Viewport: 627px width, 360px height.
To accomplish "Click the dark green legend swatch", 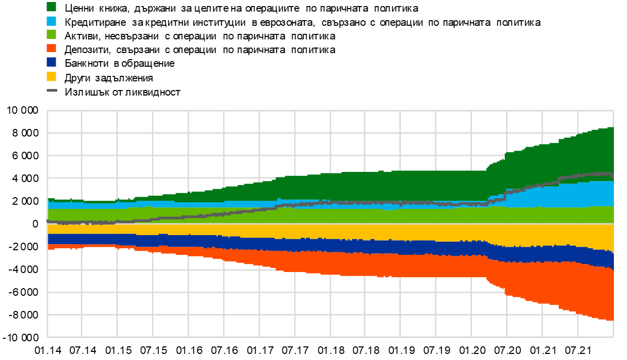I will pyautogui.click(x=51, y=7).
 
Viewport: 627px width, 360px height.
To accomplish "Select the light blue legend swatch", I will pyautogui.click(x=51, y=21).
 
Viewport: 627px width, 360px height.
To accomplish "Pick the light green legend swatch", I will pyautogui.click(x=51, y=34).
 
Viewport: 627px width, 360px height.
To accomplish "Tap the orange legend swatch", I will pyautogui.click(x=51, y=48).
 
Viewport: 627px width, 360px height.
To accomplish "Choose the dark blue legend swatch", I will pyautogui.click(x=51, y=62).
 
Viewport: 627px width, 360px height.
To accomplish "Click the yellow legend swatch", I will pyautogui.click(x=51, y=76).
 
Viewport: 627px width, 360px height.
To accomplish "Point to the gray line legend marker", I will pyautogui.click(x=52, y=91).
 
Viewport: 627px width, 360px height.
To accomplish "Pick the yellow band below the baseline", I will pyautogui.click(x=354, y=231).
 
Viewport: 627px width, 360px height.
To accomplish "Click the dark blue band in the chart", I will pyautogui.click(x=354, y=246).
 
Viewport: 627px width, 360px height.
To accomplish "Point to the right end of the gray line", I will pyautogui.click(x=613, y=177).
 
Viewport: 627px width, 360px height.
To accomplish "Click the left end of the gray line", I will pyautogui.click(x=48, y=221).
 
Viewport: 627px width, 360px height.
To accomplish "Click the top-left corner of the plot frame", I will pyautogui.click(x=48, y=111).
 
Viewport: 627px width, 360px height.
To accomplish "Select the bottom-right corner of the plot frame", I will pyautogui.click(x=613, y=337).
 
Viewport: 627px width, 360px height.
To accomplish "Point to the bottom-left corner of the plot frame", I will pyautogui.click(x=48, y=337).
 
